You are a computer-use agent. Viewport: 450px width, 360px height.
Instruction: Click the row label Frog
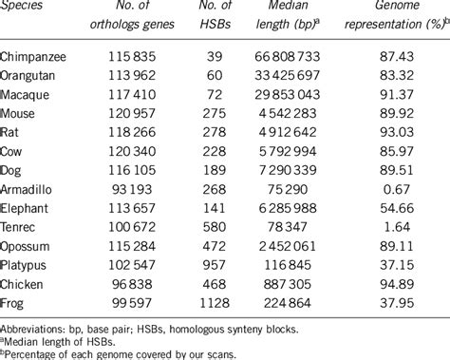pos(16,302)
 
